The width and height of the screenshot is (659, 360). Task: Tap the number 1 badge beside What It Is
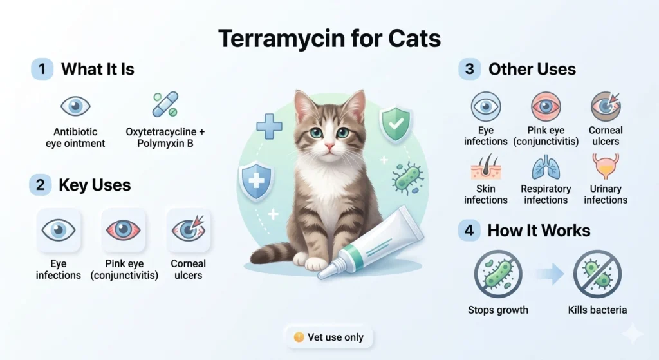pyautogui.click(x=42, y=69)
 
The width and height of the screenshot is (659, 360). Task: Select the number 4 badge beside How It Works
pyautogui.click(x=469, y=230)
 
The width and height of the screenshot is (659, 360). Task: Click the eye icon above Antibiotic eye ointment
pyautogui.click(x=75, y=106)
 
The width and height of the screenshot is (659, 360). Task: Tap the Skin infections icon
pyautogui.click(x=486, y=167)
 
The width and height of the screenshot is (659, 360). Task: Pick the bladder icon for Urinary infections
pyautogui.click(x=605, y=166)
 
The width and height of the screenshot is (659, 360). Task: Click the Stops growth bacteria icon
pyautogui.click(x=498, y=273)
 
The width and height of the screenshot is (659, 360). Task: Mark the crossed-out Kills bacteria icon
pyautogui.click(x=597, y=273)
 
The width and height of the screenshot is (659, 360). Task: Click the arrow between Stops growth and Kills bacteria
pyautogui.click(x=548, y=274)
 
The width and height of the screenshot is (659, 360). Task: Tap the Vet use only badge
pyautogui.click(x=329, y=337)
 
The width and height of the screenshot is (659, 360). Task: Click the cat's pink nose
pyautogui.click(x=329, y=147)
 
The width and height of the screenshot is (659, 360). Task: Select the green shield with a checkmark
pyautogui.click(x=395, y=123)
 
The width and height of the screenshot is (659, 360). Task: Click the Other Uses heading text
pyautogui.click(x=532, y=70)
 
